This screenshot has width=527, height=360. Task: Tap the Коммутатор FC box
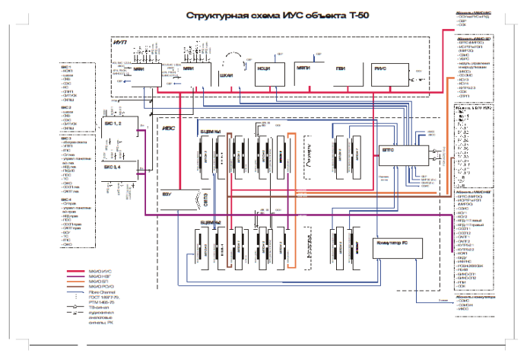(x=395, y=243)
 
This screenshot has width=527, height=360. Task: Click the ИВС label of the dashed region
(x=170, y=129)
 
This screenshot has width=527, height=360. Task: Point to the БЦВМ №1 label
(x=210, y=132)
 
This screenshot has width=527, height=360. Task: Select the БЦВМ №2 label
(x=210, y=221)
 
